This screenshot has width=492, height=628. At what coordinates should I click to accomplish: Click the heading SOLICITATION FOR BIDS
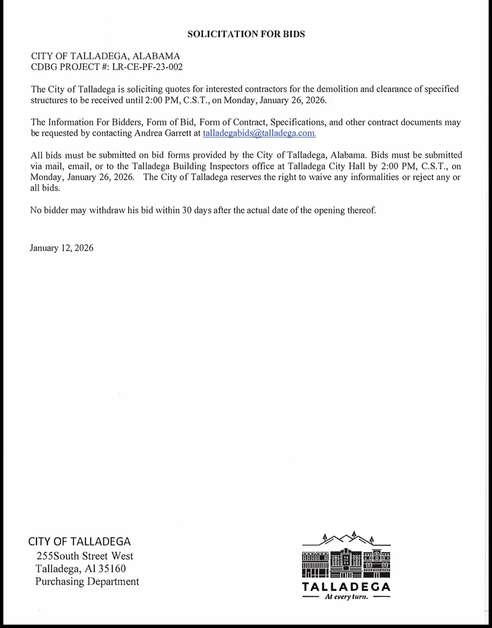[246, 34]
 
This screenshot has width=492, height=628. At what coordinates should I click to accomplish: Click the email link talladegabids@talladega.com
[259, 133]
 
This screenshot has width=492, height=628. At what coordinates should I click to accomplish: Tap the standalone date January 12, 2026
[61, 248]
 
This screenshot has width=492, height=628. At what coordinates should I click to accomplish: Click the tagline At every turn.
[346, 597]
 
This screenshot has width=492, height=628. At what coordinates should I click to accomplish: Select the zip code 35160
[112, 569]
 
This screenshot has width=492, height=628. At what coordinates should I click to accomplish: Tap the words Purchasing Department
[87, 581]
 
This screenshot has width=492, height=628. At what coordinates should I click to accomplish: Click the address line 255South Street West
[85, 556]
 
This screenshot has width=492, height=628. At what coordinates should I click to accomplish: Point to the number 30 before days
[187, 210]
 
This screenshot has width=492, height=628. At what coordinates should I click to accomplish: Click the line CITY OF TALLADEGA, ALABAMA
[105, 56]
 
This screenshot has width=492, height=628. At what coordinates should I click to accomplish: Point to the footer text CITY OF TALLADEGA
[79, 541]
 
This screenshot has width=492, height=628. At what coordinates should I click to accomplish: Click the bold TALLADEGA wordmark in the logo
[346, 587]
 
